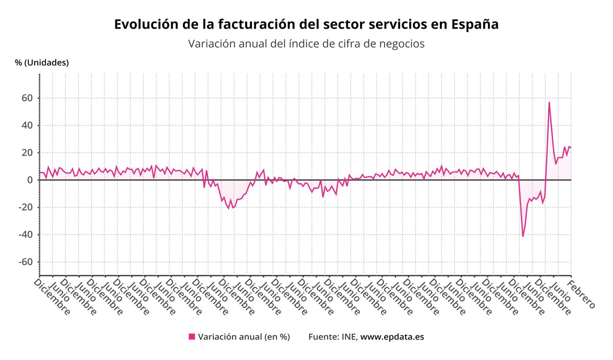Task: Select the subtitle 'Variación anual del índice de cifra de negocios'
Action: coord(306,44)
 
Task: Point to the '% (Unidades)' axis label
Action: coord(42,63)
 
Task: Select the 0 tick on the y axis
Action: coord(30,180)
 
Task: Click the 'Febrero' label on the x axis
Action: coord(582,294)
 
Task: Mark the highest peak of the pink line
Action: coord(549,102)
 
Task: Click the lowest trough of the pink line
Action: coord(523,236)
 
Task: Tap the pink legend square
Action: coord(192,337)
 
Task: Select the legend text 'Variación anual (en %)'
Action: coord(244,337)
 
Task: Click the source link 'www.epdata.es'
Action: coord(392,337)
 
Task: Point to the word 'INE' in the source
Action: coord(349,337)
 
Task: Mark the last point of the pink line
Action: coord(571,148)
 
